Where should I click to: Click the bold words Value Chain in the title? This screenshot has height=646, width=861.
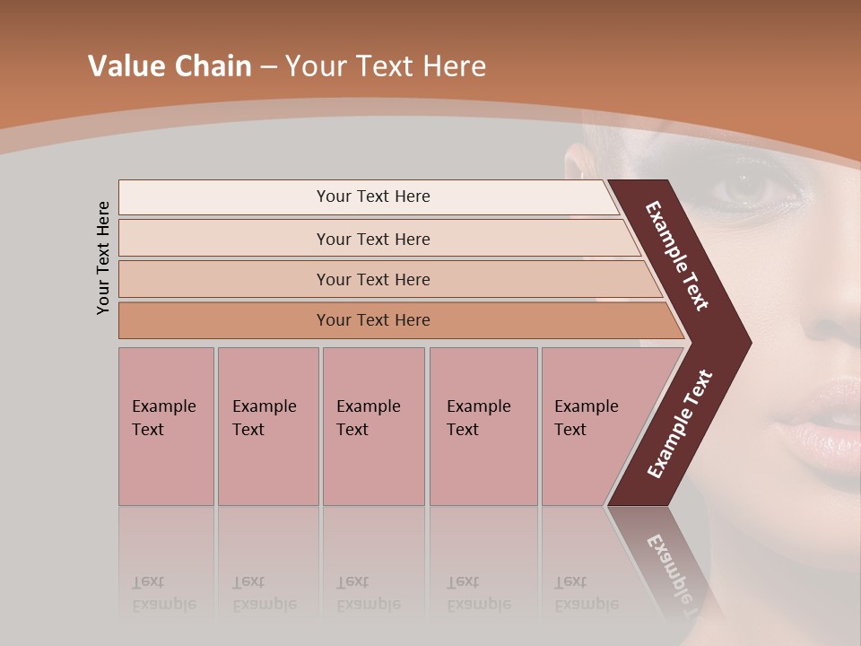click(x=170, y=66)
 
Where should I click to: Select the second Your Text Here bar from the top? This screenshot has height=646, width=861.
click(x=373, y=239)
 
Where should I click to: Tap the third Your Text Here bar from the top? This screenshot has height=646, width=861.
click(x=373, y=279)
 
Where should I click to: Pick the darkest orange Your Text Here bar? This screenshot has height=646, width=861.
click(x=373, y=320)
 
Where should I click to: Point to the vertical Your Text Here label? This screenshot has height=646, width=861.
click(x=103, y=258)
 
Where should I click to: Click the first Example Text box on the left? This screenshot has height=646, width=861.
click(x=166, y=426)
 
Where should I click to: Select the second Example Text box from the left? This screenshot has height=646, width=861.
click(x=267, y=426)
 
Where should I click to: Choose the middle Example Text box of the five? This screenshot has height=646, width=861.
click(x=373, y=426)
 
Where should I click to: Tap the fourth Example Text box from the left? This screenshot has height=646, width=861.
click(x=483, y=426)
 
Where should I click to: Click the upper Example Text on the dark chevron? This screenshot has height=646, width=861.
click(x=677, y=256)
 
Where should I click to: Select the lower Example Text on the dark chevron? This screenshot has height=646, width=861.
click(x=679, y=423)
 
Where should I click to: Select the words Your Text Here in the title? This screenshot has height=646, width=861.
click(x=386, y=66)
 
